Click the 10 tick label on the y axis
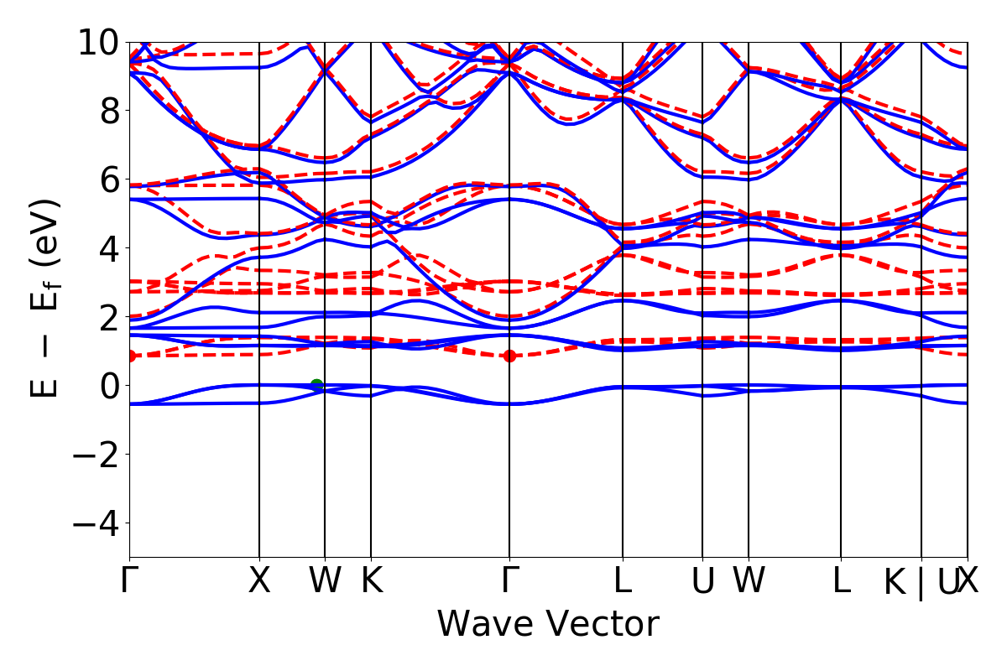(98, 42)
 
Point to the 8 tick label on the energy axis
(108, 111)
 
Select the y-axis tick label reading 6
(108, 179)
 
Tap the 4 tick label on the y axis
(108, 248)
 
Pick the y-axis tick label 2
(108, 317)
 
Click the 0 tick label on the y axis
(108, 386)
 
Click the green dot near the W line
(316, 385)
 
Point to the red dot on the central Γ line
(509, 356)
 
